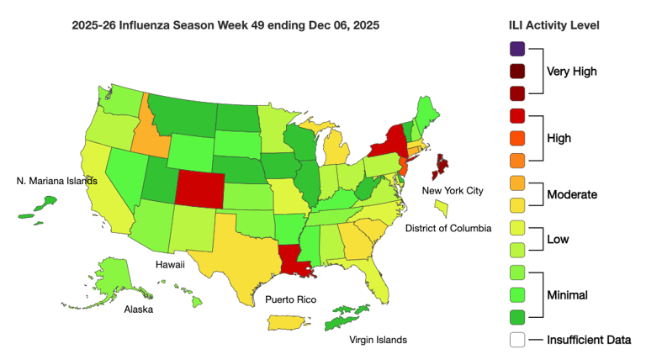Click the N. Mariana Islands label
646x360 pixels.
pos(57,180)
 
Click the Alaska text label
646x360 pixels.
pos(140,309)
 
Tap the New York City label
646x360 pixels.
pos(453,191)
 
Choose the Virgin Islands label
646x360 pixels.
pos(378,340)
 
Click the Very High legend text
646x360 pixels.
pos(572,71)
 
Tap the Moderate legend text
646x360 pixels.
pos(571,194)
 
